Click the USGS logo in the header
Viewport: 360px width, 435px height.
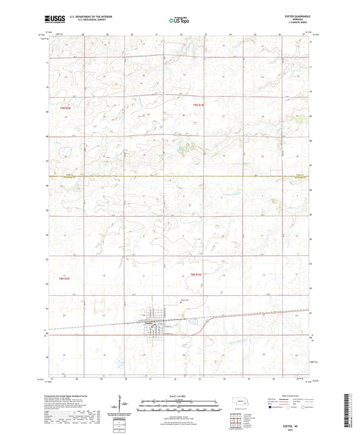tap(51, 20)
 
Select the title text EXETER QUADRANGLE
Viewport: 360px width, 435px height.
tap(298, 17)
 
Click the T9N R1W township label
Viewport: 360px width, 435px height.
tap(197, 105)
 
